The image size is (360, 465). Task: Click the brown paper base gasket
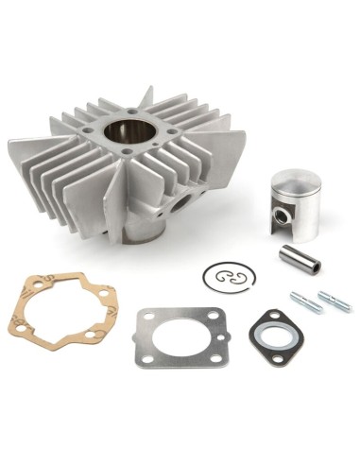[x=59, y=304]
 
